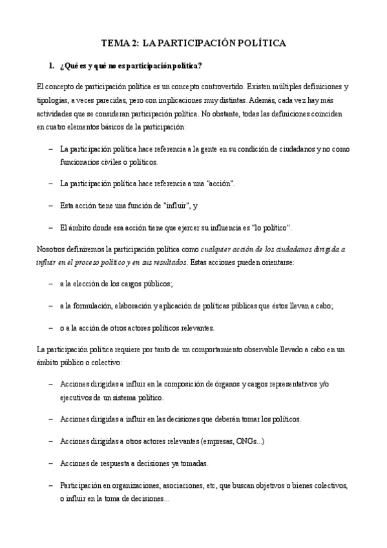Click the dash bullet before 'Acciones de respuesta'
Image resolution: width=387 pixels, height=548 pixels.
coord(51,463)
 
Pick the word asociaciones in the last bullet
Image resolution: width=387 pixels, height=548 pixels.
coord(187,485)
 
